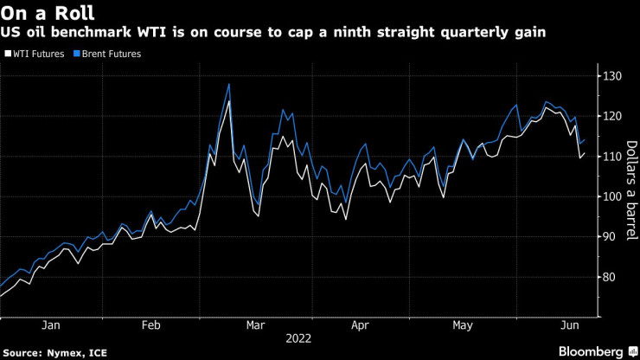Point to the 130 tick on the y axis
(x=612, y=76)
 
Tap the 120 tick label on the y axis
(x=612, y=116)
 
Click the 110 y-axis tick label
(x=612, y=156)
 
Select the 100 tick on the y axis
(x=612, y=196)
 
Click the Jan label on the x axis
(x=51, y=325)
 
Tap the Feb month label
(x=150, y=325)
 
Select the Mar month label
(x=254, y=325)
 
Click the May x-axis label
(x=463, y=325)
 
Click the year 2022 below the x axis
(x=298, y=339)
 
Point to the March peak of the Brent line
(x=228, y=84)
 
